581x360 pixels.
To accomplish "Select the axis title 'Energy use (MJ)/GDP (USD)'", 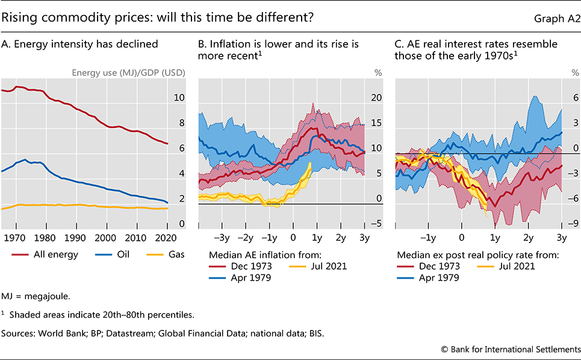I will (128, 73).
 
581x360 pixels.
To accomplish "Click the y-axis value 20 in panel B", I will (376, 98).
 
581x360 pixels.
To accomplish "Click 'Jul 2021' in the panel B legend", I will (329, 266).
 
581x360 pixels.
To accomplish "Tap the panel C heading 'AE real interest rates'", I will (446, 44).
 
